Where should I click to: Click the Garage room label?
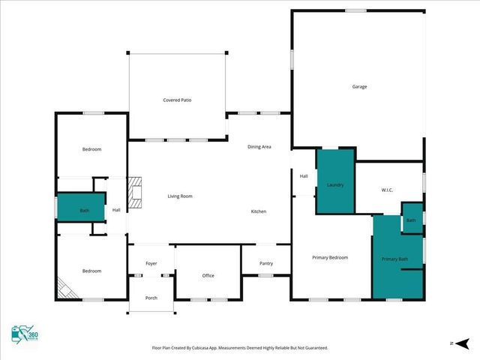pyautogui.click(x=359, y=87)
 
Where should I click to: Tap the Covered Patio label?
pyautogui.click(x=178, y=100)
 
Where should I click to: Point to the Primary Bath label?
pyautogui.click(x=394, y=259)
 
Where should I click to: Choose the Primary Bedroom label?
pyautogui.click(x=330, y=257)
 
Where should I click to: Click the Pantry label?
pyautogui.click(x=266, y=263)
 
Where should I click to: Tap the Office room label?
pyautogui.click(x=208, y=275)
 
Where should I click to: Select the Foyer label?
pyautogui.click(x=151, y=263)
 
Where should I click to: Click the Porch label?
pyautogui.click(x=151, y=297)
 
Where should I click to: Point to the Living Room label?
pyautogui.click(x=180, y=196)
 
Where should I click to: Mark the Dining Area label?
pyautogui.click(x=259, y=146)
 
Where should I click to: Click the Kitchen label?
pyautogui.click(x=258, y=211)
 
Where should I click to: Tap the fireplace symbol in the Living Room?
pyautogui.click(x=134, y=192)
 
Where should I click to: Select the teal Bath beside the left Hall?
pyautogui.click(x=82, y=209)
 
